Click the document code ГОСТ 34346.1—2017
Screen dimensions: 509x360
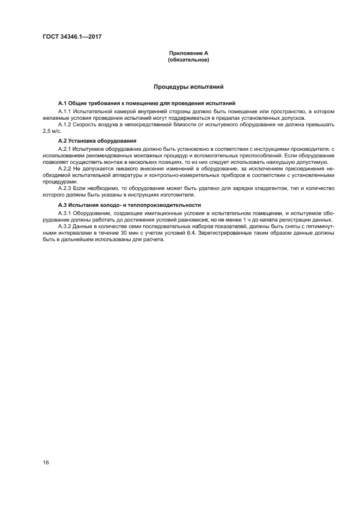[x=72, y=36]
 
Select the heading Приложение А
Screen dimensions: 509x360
[x=188, y=53]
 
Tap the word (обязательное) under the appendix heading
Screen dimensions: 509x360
[x=188, y=60]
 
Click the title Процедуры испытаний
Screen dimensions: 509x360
[x=188, y=87]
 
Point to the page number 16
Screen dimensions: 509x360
[x=46, y=462]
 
